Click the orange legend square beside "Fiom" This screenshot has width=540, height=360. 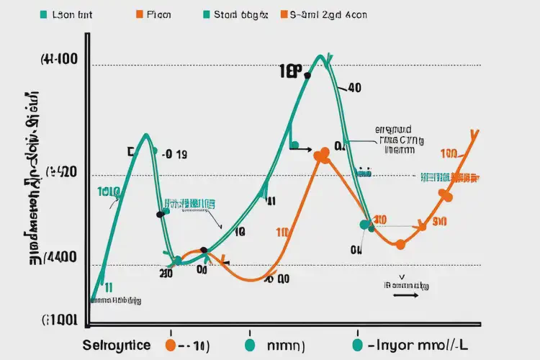point(138,14)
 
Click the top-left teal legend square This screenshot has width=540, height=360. point(44,14)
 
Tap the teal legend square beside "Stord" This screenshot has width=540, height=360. point(207,14)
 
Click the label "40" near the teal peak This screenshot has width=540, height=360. point(354,89)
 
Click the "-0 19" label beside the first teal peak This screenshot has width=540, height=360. point(175,154)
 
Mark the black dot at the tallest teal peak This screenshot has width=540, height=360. point(307,75)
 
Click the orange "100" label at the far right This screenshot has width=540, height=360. point(449,153)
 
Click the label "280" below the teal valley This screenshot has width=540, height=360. point(166,274)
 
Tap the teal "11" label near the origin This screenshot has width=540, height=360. point(108,287)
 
